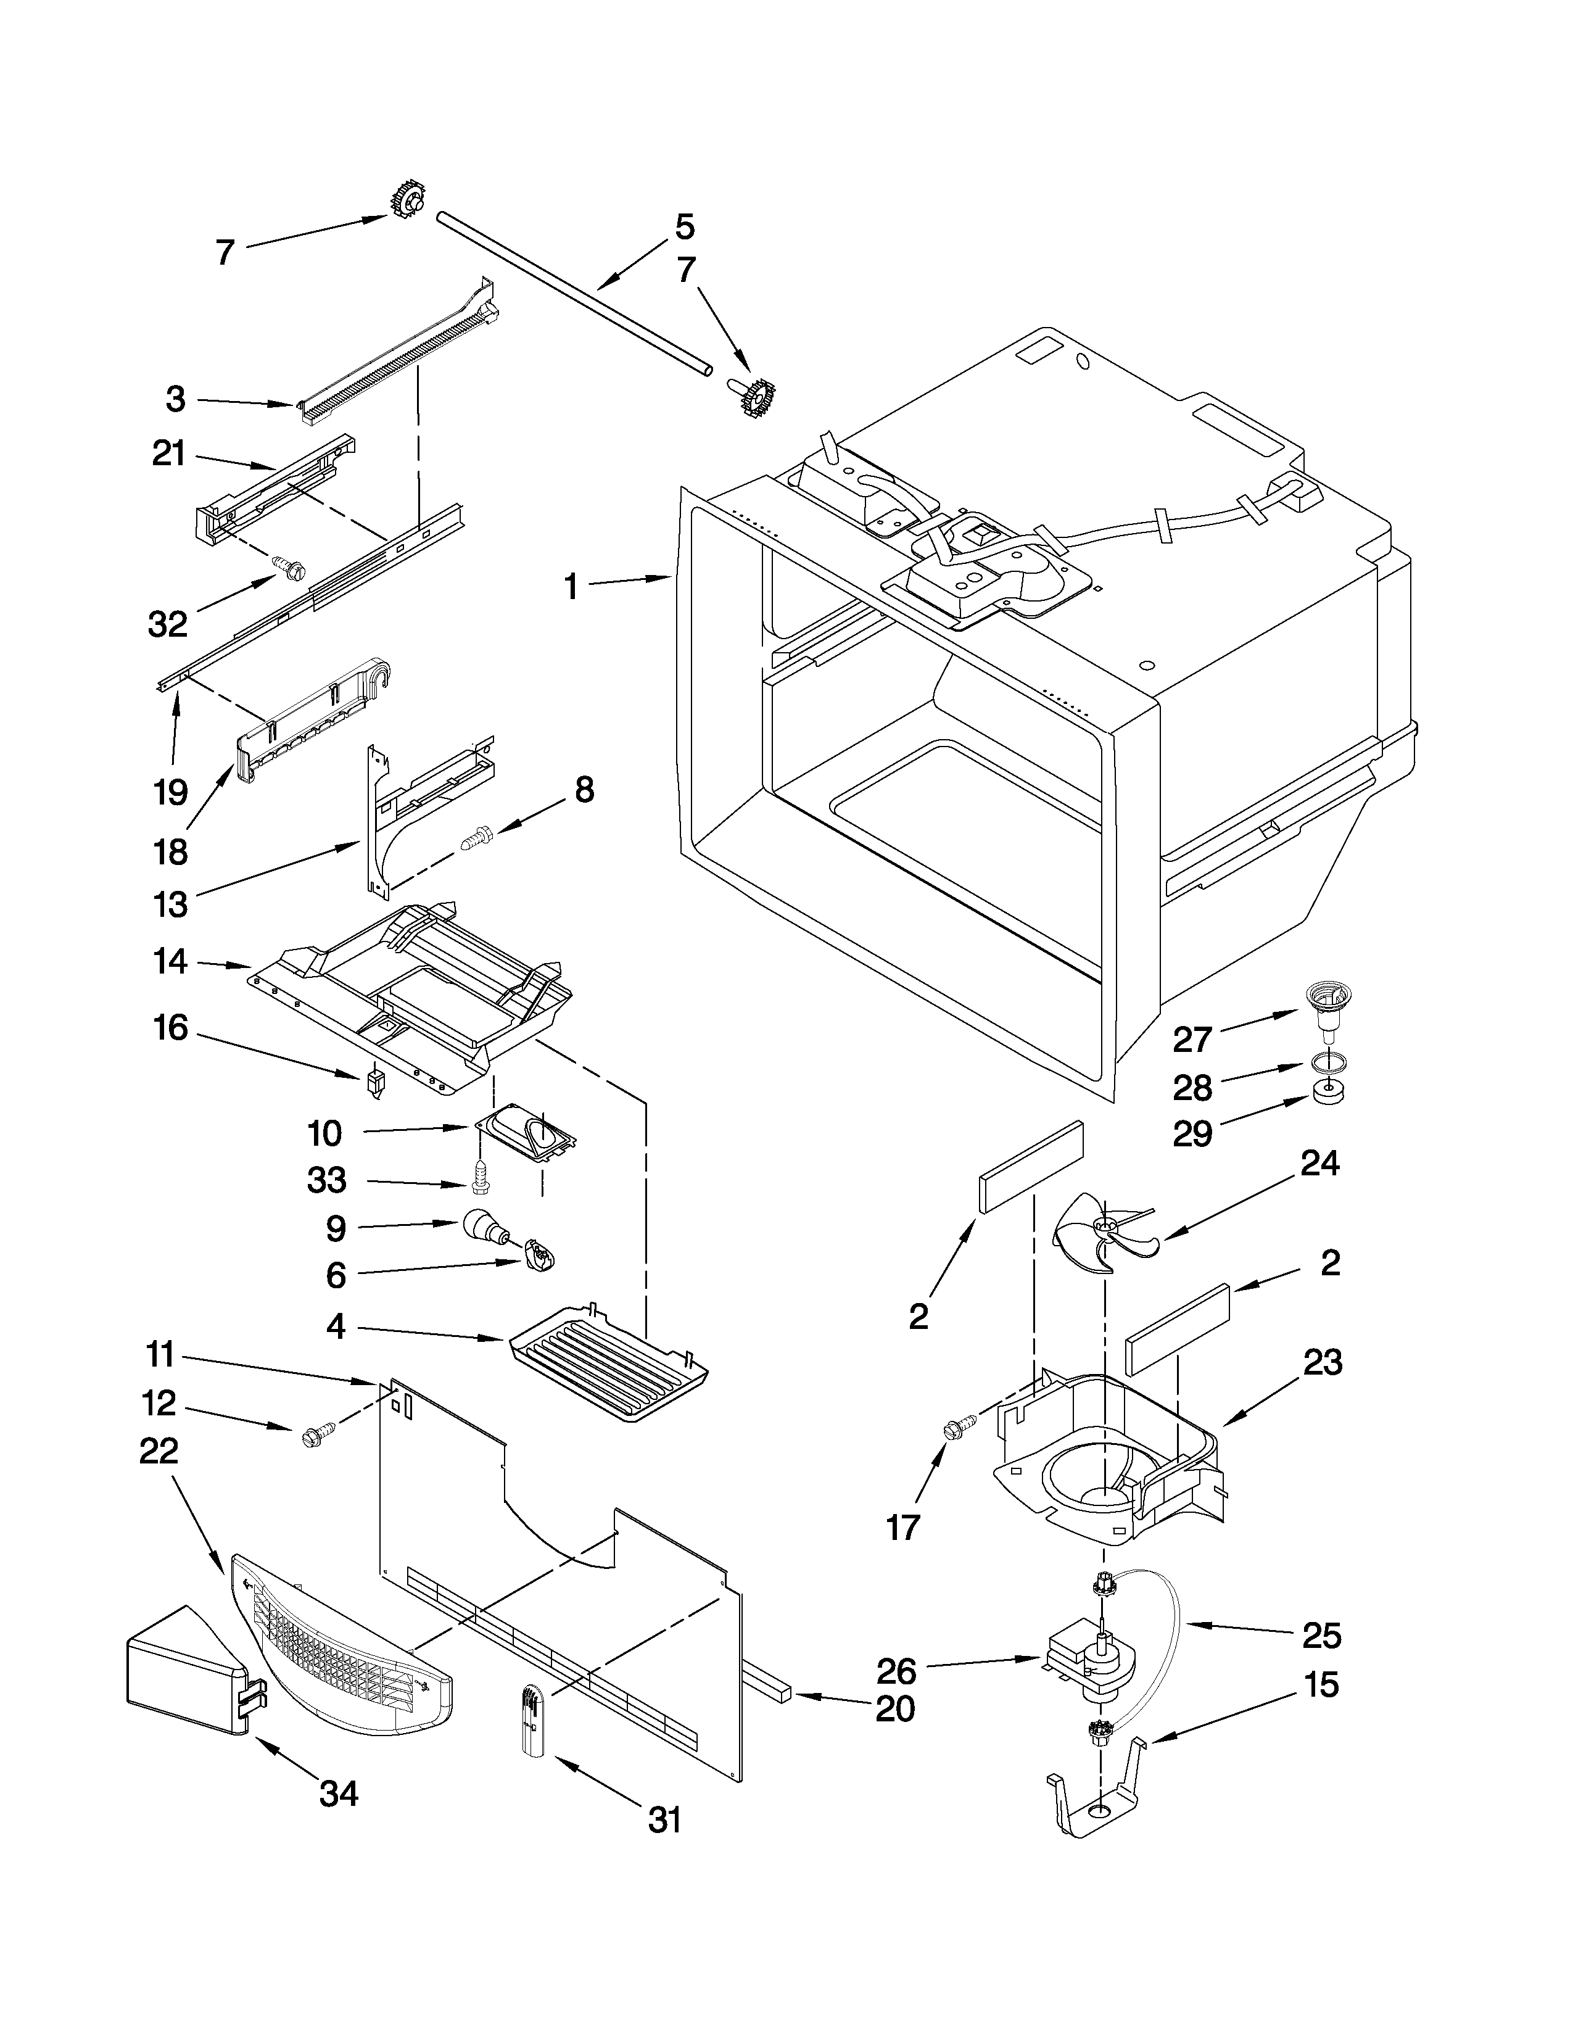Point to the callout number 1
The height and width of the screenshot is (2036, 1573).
pyautogui.click(x=571, y=587)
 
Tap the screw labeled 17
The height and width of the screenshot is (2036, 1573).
pyautogui.click(x=959, y=1426)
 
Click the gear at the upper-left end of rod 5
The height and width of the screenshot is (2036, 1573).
pyautogui.click(x=408, y=201)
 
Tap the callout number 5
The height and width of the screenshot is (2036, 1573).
pyautogui.click(x=684, y=226)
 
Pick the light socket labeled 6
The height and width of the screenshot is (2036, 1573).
pyautogui.click(x=539, y=1255)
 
